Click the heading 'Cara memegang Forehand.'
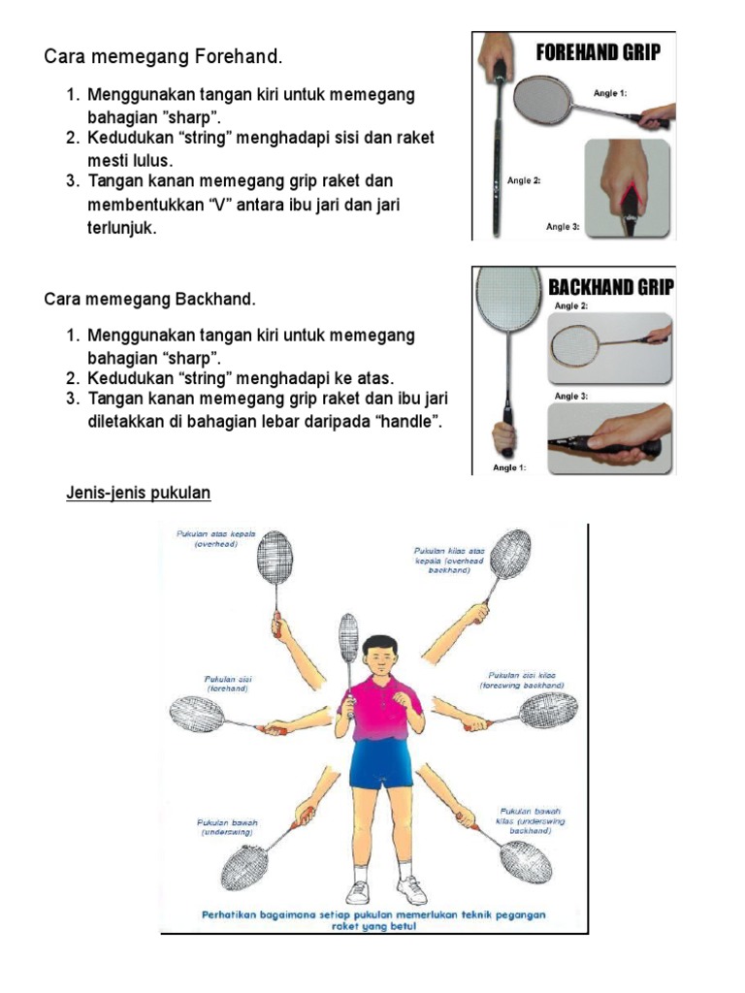pos(163,57)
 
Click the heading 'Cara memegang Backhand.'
pos(150,299)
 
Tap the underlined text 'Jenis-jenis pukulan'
pos(138,494)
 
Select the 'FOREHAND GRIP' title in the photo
pos(599,52)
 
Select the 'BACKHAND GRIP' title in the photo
pos(610,287)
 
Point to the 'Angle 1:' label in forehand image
pos(610,94)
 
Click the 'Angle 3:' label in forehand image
pos(563,227)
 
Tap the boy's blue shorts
pos(380,765)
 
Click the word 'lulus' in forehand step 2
pos(150,160)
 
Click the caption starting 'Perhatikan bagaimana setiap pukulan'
pos(373,919)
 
